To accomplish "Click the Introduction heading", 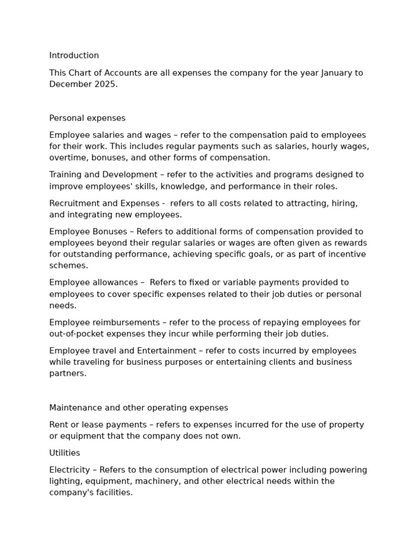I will [74, 56].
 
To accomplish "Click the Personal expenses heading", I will [87, 118].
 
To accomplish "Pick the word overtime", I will [67, 158].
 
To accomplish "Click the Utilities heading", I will [64, 453].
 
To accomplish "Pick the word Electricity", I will [69, 470].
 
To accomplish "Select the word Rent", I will [58, 425].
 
